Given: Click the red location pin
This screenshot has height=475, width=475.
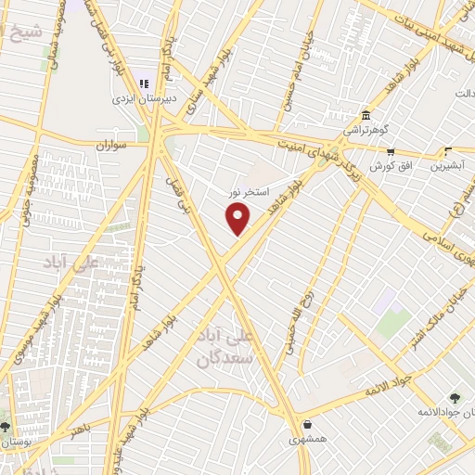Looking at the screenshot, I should click(x=238, y=219).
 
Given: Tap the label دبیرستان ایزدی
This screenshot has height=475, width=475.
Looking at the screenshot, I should click(x=137, y=97).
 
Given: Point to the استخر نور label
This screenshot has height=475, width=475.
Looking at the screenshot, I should click(x=250, y=192).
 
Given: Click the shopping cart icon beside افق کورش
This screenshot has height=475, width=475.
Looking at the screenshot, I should click(x=391, y=152).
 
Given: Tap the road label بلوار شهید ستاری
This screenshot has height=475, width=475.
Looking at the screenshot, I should click(x=191, y=89).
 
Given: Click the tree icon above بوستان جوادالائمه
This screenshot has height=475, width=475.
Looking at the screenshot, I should click(x=454, y=397).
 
